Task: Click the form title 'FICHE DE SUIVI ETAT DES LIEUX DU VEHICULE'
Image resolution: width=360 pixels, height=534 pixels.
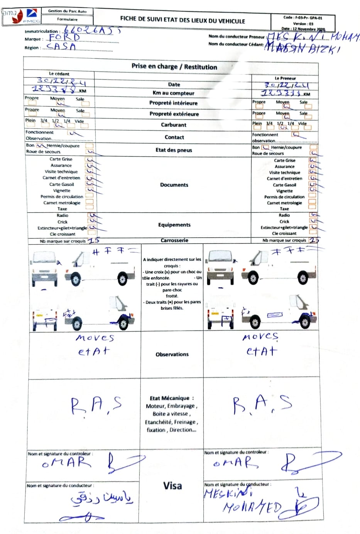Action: point(183,20)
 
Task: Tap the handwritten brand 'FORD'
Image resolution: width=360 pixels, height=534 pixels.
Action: point(64,38)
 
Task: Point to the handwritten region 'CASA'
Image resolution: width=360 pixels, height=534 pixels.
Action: point(61,46)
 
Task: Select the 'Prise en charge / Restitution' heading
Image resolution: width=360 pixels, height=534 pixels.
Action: point(174,66)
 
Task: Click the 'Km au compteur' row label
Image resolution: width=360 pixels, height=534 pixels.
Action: point(173,93)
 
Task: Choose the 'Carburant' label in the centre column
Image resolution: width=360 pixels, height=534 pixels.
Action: point(174,125)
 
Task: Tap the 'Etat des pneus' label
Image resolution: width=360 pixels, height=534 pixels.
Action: point(174,150)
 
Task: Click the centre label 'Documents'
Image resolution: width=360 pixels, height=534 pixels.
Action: point(174,185)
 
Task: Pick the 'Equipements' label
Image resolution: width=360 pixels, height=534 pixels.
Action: point(174,225)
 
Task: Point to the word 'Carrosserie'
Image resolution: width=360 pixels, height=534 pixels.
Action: point(174,240)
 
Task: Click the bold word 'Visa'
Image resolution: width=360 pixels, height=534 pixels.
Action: point(172,485)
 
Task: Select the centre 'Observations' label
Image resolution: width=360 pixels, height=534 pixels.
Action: point(172,354)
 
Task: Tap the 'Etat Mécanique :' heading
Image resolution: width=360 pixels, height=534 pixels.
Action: point(172,398)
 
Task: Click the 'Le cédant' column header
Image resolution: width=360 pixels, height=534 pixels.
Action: point(59,73)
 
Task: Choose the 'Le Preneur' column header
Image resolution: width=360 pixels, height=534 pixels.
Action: point(285,78)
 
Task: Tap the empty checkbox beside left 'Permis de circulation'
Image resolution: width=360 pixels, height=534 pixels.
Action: point(89,196)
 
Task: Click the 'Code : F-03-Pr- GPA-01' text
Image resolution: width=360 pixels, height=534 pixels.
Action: point(303,18)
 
